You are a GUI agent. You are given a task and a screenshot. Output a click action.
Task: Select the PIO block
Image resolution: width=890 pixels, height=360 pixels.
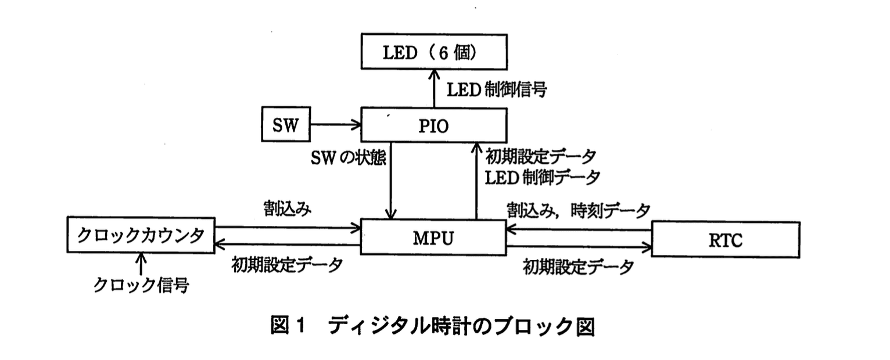click(x=434, y=124)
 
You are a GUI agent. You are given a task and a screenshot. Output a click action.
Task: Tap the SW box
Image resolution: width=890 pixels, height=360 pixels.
click(x=285, y=124)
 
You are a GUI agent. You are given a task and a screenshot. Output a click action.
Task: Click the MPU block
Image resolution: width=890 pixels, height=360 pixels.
click(x=434, y=237)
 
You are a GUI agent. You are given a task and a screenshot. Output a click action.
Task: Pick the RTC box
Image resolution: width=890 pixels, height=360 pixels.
click(x=726, y=239)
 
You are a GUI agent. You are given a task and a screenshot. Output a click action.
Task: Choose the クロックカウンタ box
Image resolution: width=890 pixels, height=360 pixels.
click(x=140, y=236)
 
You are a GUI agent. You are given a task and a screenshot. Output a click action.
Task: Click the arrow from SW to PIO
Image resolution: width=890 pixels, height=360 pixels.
click(x=334, y=124)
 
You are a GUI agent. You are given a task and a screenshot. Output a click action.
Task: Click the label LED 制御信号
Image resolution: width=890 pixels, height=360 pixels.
click(x=496, y=89)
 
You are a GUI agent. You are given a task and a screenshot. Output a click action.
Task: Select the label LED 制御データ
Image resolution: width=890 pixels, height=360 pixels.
click(x=543, y=177)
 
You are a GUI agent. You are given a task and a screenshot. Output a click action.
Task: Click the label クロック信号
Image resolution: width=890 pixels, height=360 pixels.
click(x=141, y=285)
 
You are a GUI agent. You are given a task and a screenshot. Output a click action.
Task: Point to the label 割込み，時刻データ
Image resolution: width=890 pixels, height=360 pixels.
click(x=577, y=210)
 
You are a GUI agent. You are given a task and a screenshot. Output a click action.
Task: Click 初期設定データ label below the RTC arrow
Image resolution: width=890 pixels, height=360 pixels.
click(x=578, y=268)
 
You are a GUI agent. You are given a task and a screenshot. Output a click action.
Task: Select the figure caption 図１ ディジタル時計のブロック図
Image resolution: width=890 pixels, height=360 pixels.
click(x=433, y=326)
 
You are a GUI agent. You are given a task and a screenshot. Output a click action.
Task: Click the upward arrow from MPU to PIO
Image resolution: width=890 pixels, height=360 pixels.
click(x=476, y=180)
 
